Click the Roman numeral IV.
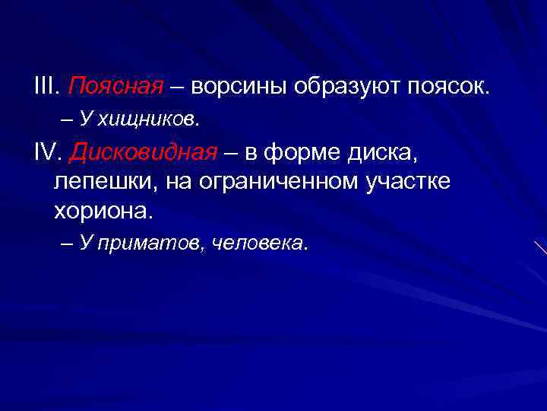pyautogui.click(x=49, y=154)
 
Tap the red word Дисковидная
pyautogui.click(x=144, y=154)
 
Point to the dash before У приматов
pyautogui.click(x=66, y=244)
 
